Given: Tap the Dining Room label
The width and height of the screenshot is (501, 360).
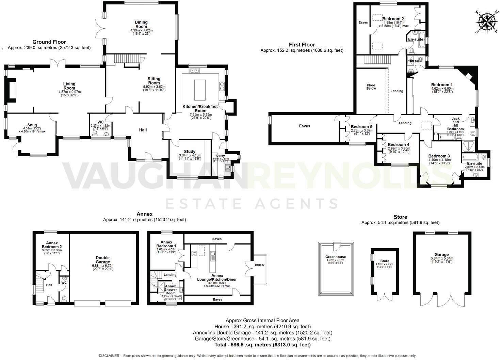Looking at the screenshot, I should click(141, 24).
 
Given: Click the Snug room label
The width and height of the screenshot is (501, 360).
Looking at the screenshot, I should click(32, 125).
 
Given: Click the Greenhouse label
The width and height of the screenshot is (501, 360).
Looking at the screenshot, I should click(335, 257).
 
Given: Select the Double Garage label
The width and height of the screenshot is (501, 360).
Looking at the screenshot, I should click(103, 260).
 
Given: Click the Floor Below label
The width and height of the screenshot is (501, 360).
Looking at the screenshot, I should click(371, 87).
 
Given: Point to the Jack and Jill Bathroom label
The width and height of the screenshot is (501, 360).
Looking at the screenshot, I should click(455, 124).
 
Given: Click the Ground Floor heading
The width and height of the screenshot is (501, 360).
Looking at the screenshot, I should click(49, 42).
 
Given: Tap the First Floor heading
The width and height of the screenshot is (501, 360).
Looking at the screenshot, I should click(302, 45).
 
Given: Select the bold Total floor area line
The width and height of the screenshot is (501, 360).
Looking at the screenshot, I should click(262, 345).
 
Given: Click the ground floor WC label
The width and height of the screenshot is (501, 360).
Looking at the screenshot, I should click(100, 122).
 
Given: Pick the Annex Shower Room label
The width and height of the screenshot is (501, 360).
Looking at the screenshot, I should click(171, 289).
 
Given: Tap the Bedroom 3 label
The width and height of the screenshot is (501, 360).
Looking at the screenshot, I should click(439, 156).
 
